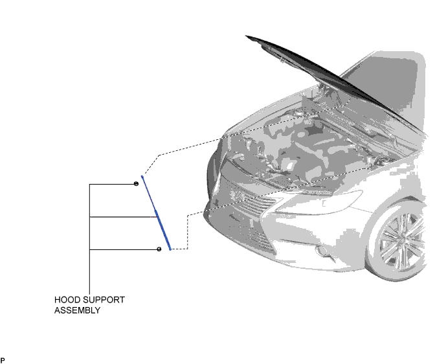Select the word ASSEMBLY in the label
tap(78, 310)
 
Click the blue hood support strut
tap(156, 213)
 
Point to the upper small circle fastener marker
tap(136, 184)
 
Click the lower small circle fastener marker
tap(159, 249)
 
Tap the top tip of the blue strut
tap(142, 176)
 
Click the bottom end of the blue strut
tap(170, 249)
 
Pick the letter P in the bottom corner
tap(3, 360)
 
